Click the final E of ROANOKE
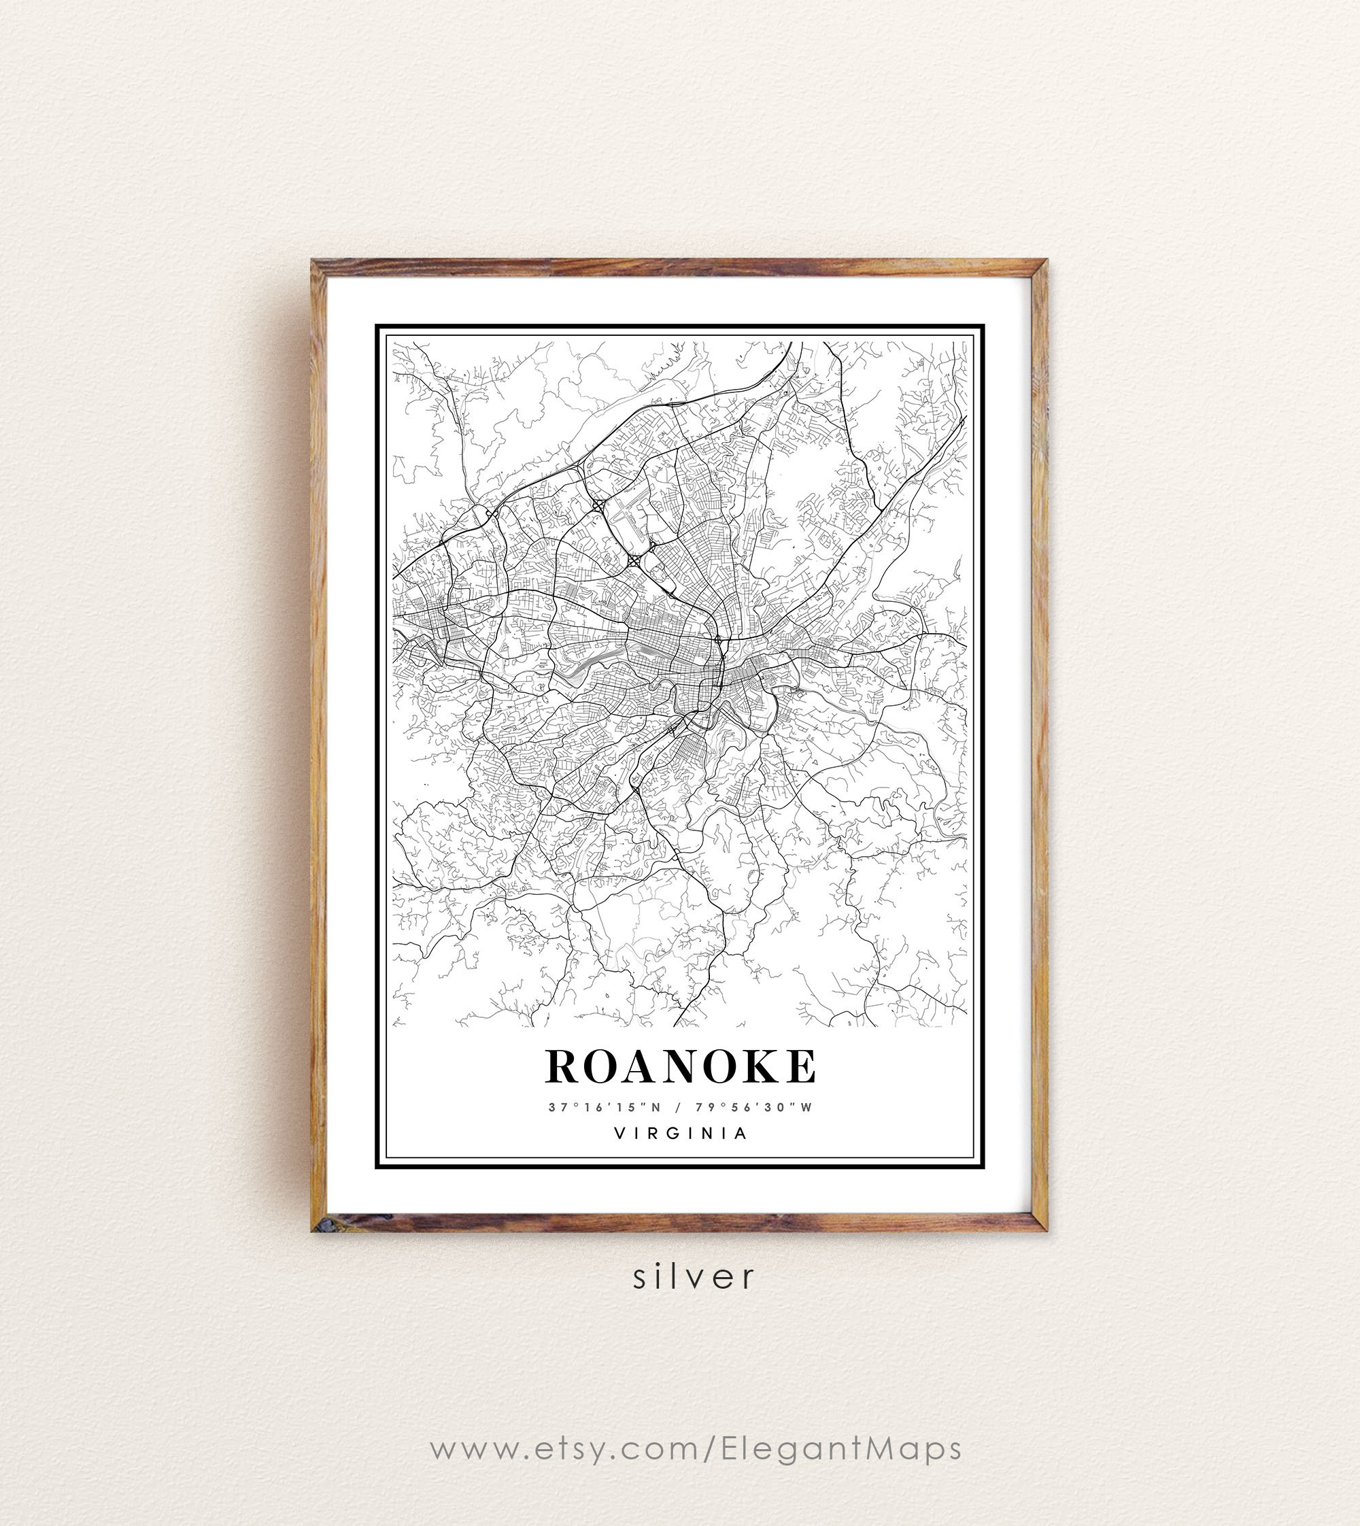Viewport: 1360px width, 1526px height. click(x=798, y=1066)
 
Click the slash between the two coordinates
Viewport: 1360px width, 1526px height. click(x=678, y=1108)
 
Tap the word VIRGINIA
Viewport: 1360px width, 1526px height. click(x=680, y=1134)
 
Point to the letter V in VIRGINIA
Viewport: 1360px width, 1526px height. click(x=619, y=1134)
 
